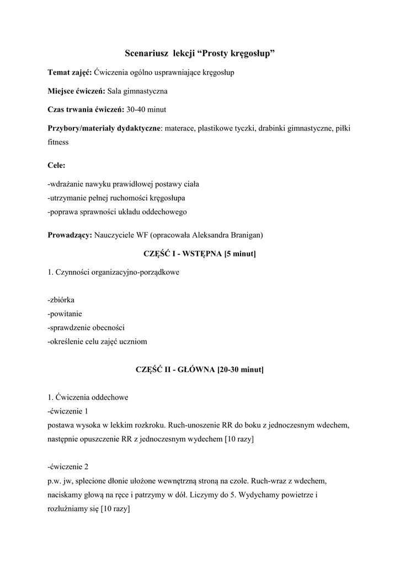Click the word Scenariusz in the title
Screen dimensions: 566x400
(147, 54)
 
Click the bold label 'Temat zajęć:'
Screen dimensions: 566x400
(70, 72)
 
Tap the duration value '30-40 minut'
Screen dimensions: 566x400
(147, 109)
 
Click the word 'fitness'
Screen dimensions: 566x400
(58, 141)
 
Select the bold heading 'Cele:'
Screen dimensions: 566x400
(56, 165)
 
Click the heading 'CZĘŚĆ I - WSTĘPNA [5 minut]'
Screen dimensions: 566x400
(199, 254)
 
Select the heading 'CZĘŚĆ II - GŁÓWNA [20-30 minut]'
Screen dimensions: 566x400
(200, 369)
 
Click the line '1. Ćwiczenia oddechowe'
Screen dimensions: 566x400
(88, 397)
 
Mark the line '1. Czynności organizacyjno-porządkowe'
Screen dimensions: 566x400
(113, 272)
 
